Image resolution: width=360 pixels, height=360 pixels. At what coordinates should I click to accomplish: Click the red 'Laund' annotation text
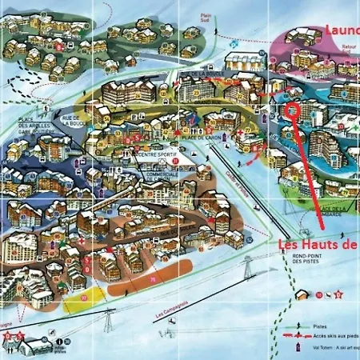[x=342, y=30]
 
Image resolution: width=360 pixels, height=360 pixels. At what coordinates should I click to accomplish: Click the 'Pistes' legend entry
[x=320, y=326]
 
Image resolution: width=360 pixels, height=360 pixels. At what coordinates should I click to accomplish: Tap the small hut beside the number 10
[x=36, y=346]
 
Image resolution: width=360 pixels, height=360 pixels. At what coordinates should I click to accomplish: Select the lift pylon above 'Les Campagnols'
[x=108, y=322]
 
